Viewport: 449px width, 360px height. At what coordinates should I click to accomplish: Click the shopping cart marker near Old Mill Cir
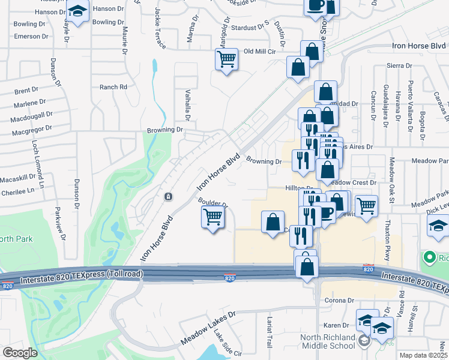(x=226, y=59)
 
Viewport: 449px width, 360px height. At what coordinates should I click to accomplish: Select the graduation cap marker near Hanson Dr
(x=77, y=11)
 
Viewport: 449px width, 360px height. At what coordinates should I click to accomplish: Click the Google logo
(x=20, y=353)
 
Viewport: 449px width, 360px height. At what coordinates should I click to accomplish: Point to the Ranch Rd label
(x=113, y=87)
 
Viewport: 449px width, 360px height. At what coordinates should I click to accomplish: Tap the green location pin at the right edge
(x=429, y=258)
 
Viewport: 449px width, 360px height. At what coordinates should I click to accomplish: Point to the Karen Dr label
(x=333, y=325)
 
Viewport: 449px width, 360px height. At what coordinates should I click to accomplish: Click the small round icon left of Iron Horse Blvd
(x=169, y=196)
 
